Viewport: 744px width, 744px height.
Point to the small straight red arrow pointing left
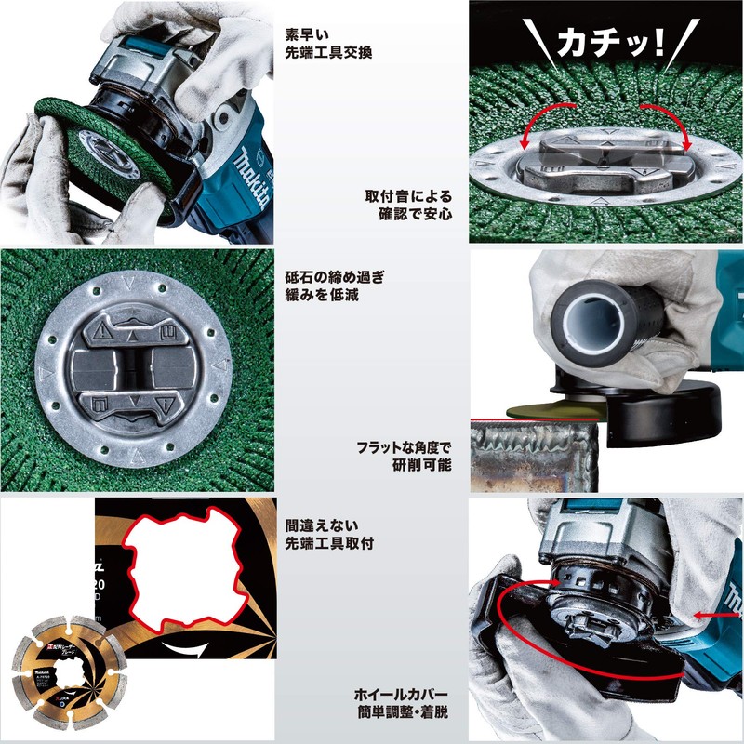(x=716, y=616)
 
